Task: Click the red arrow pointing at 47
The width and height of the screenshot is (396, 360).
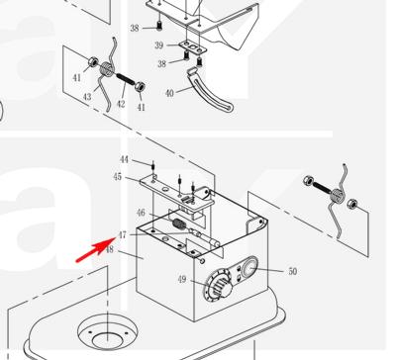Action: [96, 250]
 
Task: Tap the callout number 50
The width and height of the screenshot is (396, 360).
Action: [293, 271]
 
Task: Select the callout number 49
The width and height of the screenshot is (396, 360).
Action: [182, 280]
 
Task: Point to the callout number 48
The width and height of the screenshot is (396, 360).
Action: [110, 249]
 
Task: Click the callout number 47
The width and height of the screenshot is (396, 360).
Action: [122, 235]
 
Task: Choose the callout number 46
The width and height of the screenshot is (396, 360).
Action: [141, 213]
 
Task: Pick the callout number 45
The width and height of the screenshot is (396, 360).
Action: [118, 177]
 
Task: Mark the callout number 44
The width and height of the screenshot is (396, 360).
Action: [124, 159]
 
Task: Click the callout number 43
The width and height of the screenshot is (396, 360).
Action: [87, 97]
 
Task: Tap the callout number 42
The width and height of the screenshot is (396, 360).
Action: [121, 104]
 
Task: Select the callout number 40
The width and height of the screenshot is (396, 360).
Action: [169, 93]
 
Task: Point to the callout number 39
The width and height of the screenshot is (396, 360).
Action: [159, 45]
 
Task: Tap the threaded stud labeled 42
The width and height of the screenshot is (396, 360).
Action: [126, 80]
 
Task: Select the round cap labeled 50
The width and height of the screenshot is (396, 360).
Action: [249, 267]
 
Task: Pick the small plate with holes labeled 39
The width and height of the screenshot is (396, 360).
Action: [193, 46]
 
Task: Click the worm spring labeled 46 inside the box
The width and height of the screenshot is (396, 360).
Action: [180, 225]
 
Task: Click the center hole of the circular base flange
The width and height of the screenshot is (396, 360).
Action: [107, 339]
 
